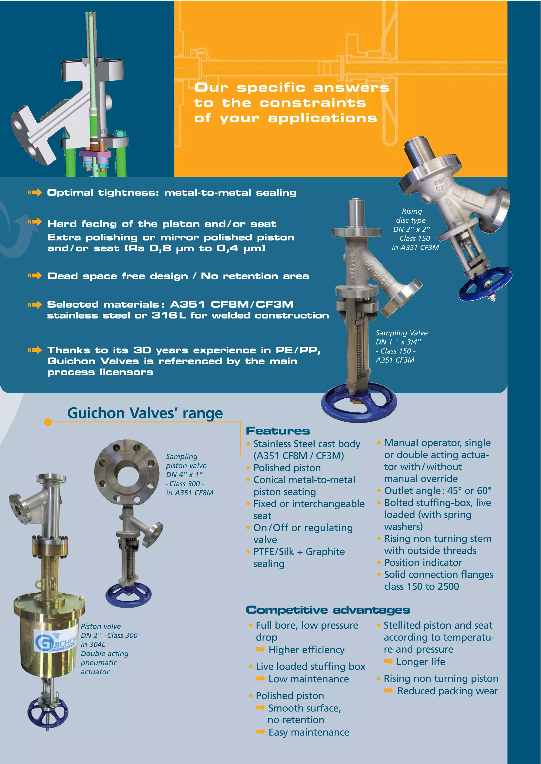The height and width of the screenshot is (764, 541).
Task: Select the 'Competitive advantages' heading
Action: [x=328, y=610]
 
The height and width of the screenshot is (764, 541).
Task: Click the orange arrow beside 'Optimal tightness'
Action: [x=34, y=192]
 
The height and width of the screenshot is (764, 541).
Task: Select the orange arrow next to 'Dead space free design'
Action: [x=34, y=275]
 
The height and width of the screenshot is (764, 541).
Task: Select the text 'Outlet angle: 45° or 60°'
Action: [x=437, y=491]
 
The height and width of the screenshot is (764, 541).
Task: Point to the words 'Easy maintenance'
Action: [x=309, y=732]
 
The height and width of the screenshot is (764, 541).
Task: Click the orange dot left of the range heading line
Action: [x=48, y=422]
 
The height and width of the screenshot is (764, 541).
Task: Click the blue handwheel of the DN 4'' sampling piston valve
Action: [x=129, y=595]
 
